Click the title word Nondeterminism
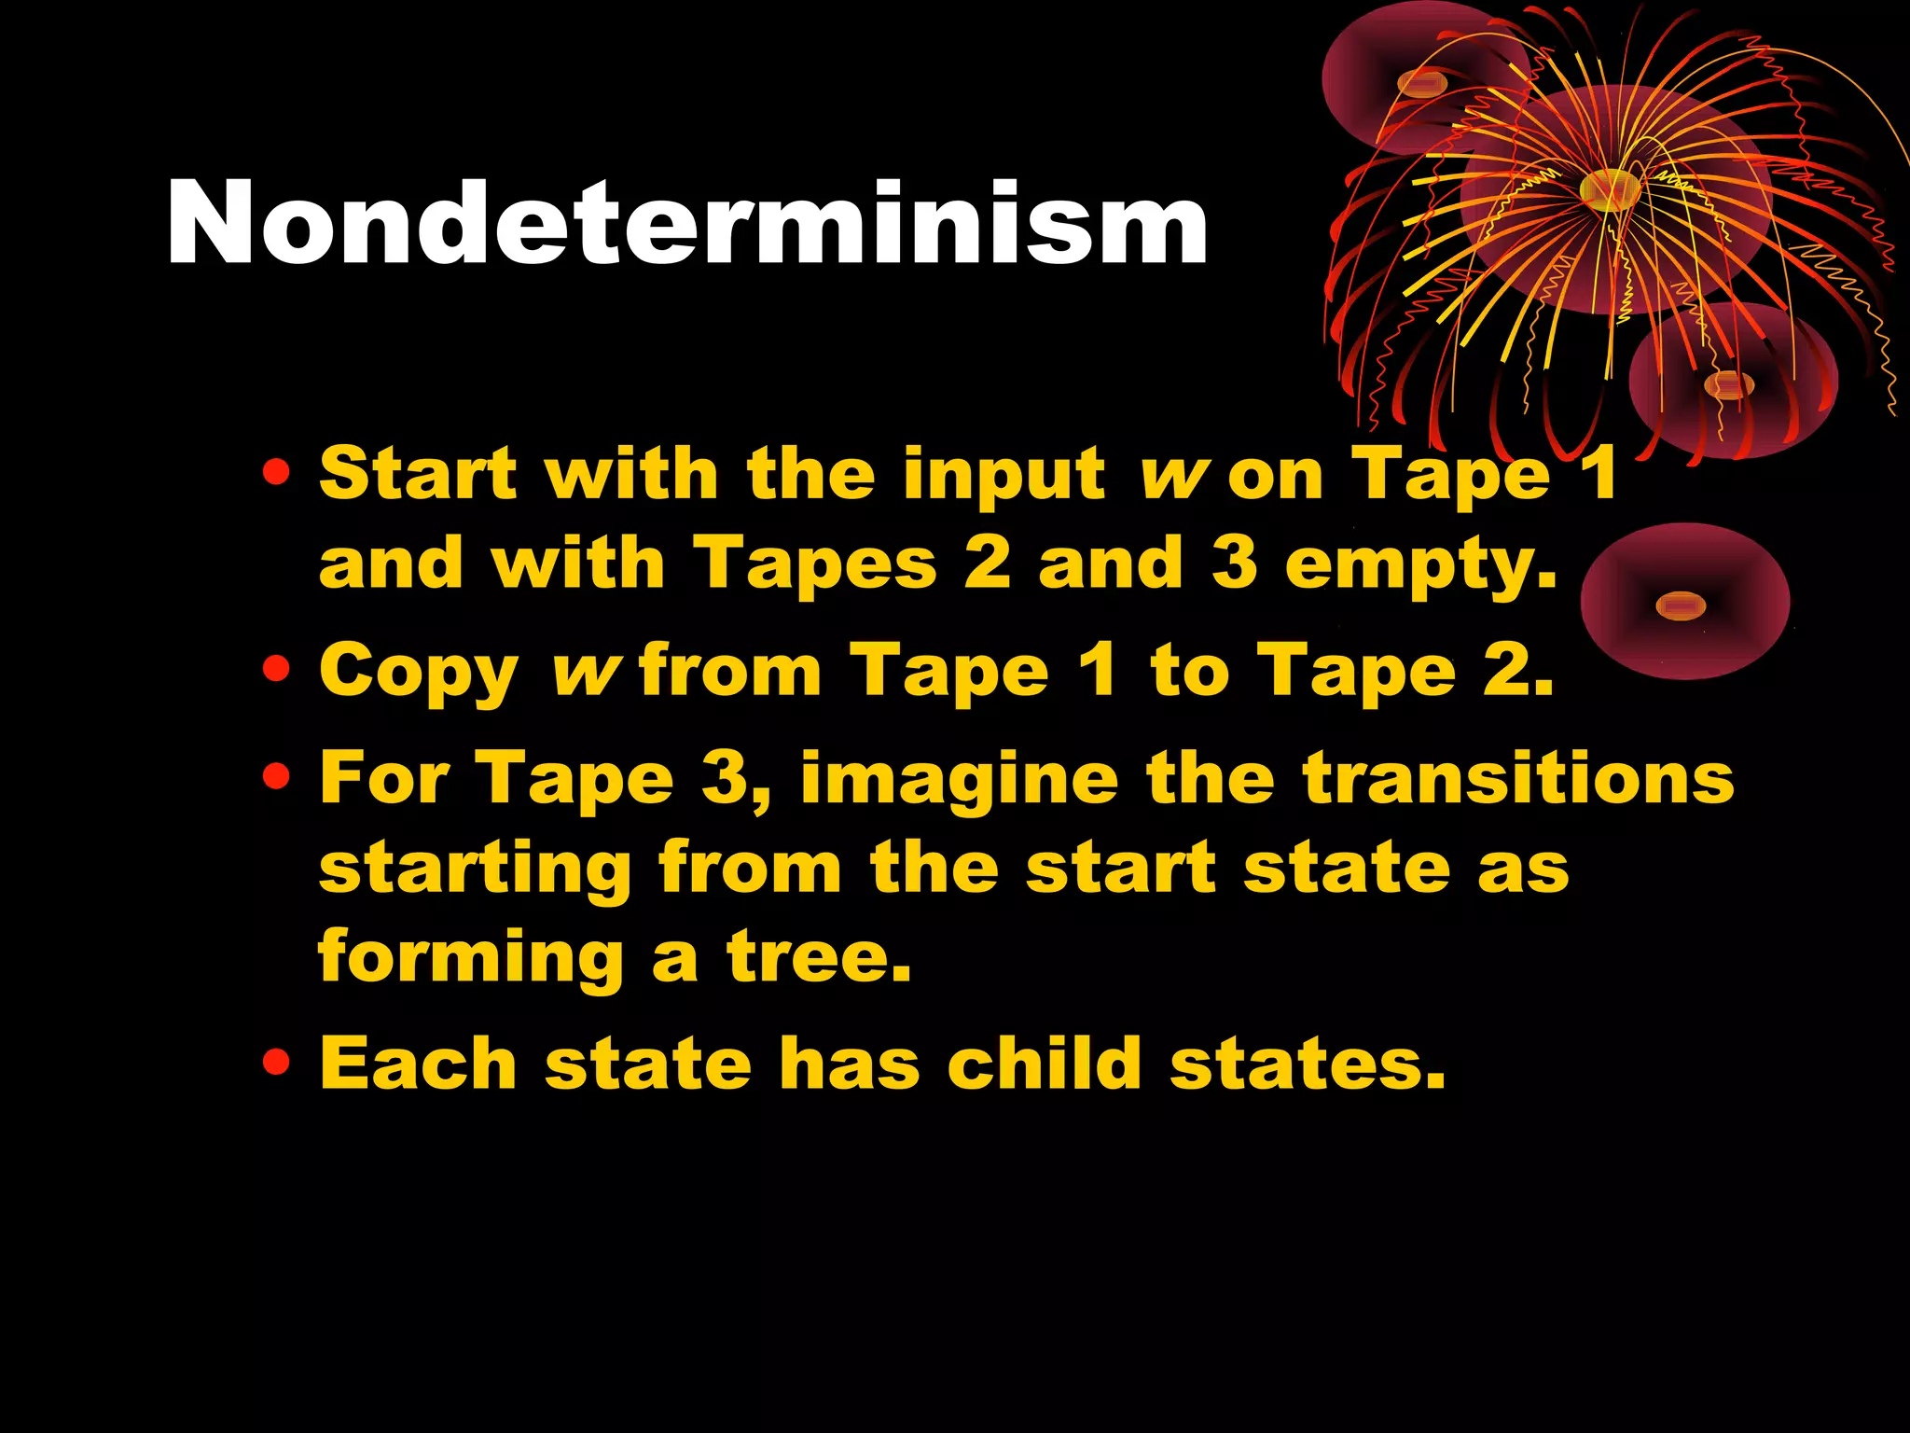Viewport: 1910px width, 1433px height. (x=687, y=224)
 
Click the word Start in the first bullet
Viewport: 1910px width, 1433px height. (x=417, y=473)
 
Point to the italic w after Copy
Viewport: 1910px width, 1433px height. (x=584, y=671)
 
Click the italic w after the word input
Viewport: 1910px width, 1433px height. (x=1172, y=475)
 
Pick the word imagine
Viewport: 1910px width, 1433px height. (x=960, y=781)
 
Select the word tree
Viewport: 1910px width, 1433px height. (x=818, y=955)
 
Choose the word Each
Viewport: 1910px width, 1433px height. (x=418, y=1063)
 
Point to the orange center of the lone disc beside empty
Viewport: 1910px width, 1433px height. (x=1681, y=606)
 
